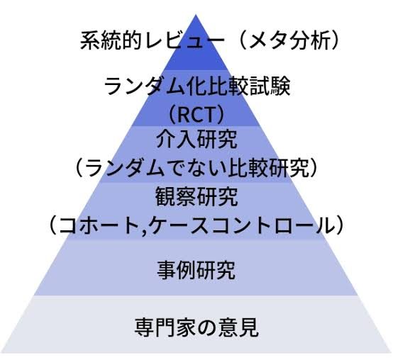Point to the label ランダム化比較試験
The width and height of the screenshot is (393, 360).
pos(197,86)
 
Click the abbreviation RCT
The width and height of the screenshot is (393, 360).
pos(196,115)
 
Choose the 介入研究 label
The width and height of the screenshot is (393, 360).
pos(196,139)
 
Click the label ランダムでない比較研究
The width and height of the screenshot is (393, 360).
pos(197,167)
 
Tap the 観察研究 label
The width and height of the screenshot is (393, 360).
pos(196,196)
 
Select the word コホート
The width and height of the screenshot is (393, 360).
pos(99,225)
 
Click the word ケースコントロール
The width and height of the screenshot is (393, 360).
pos(241,225)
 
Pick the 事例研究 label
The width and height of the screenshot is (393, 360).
pos(196,269)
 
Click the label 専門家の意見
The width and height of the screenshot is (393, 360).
pos(196,327)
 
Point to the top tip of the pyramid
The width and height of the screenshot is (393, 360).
pos(196,15)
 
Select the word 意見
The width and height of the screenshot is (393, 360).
pos(238,327)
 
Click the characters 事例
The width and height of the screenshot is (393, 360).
pos(177,269)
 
